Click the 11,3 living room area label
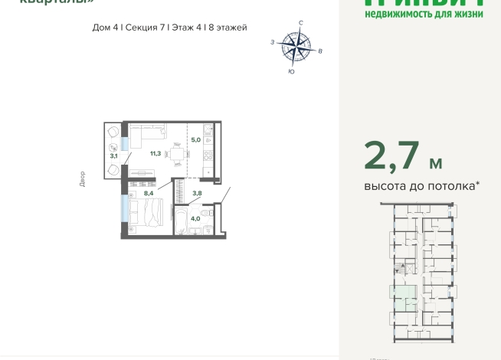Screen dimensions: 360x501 [x=155, y=153]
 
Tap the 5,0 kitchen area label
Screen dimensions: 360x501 [x=195, y=140]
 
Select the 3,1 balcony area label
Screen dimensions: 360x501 [x=113, y=155]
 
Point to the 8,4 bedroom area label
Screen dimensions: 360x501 [x=148, y=193]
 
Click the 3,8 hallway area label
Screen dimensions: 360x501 [x=196, y=193]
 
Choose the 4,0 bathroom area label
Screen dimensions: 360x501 [x=195, y=218]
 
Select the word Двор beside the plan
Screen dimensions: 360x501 [x=82, y=179]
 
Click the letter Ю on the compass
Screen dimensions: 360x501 [x=291, y=71]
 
